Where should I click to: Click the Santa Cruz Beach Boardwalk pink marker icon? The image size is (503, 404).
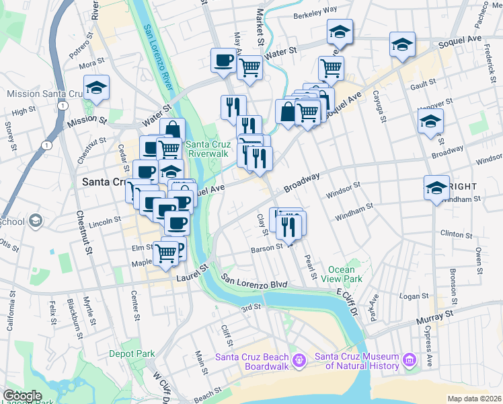tap(300, 362)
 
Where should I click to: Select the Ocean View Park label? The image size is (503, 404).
tap(341, 274)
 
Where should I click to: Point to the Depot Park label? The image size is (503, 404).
tap(132, 353)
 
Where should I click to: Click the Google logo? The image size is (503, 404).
tap(22, 396)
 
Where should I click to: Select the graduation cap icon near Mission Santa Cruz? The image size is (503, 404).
tap(97, 88)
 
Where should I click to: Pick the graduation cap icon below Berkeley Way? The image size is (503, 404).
tap(340, 32)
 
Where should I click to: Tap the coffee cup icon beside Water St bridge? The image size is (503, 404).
tap(223, 60)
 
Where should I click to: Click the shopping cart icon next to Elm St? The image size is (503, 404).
tap(165, 253)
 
